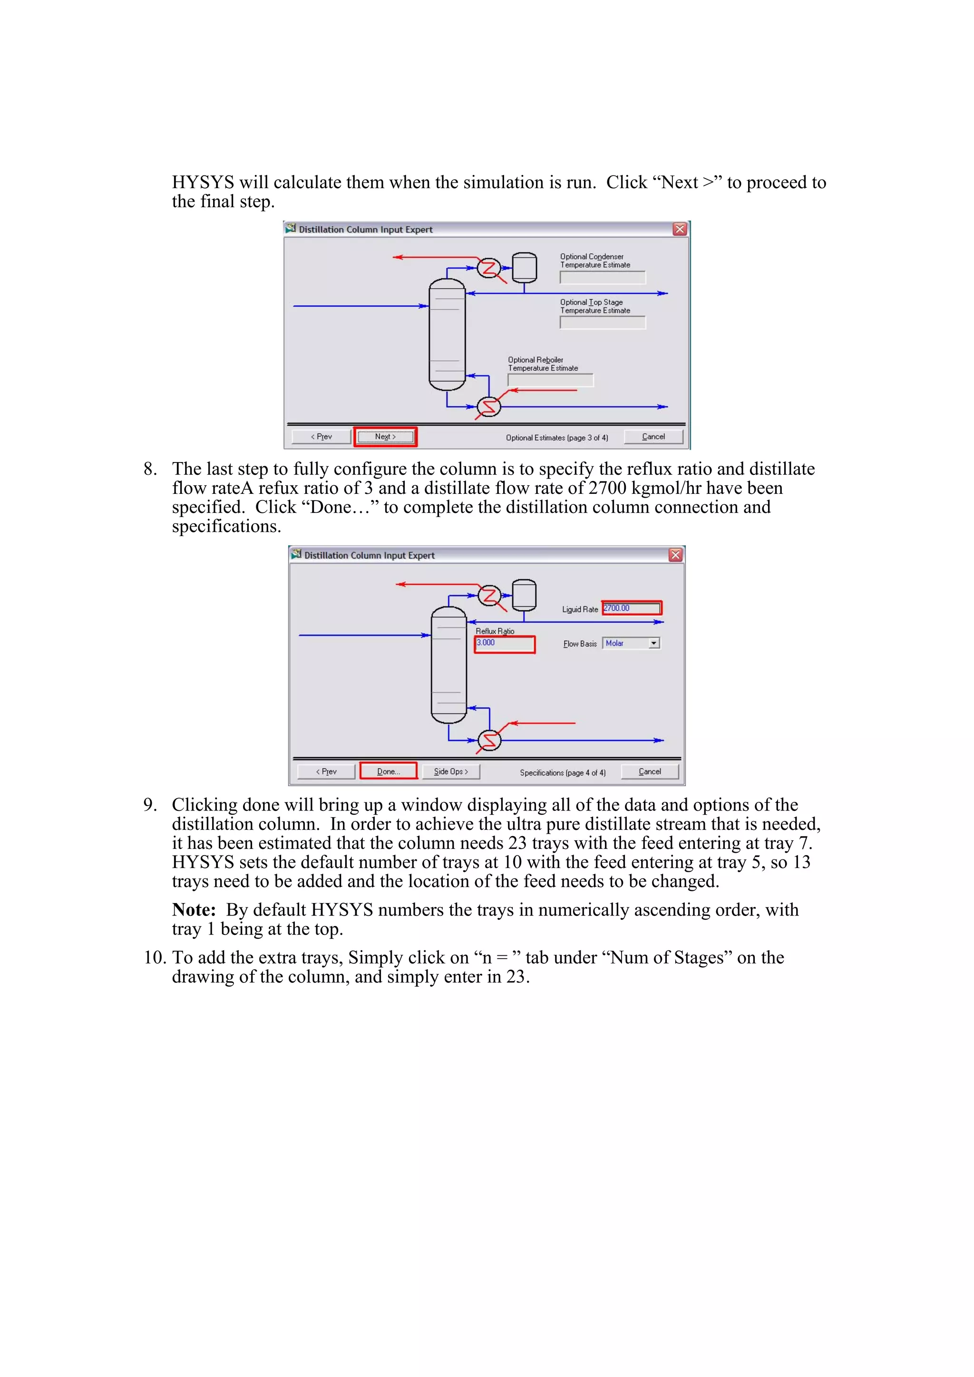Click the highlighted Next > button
385,437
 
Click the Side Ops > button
451,771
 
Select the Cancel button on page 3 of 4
653,437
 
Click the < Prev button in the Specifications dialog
326,771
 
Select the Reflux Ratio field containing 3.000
504,644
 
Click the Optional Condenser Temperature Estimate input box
602,277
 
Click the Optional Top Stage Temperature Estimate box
602,323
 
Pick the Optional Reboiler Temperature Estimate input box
550,380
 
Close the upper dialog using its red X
679,229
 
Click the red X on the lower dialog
675,555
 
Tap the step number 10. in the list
154,957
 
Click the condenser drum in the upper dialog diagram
524,267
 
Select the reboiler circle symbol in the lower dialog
489,740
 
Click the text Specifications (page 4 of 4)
562,772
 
